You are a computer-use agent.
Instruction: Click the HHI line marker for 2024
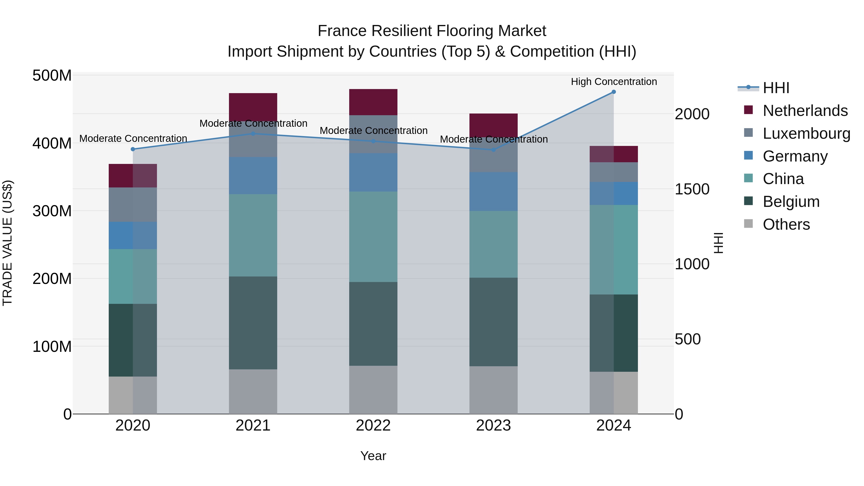(613, 92)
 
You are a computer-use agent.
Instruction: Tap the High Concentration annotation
(613, 82)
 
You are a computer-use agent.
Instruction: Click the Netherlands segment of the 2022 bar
(373, 102)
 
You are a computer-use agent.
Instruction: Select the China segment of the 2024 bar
(613, 250)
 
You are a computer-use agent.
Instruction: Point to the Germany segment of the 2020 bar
(133, 235)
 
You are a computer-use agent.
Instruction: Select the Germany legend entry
(795, 156)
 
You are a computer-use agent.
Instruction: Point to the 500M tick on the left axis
(52, 76)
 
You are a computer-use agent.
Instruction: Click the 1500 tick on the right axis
(692, 189)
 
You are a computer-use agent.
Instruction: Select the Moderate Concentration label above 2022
(373, 131)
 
